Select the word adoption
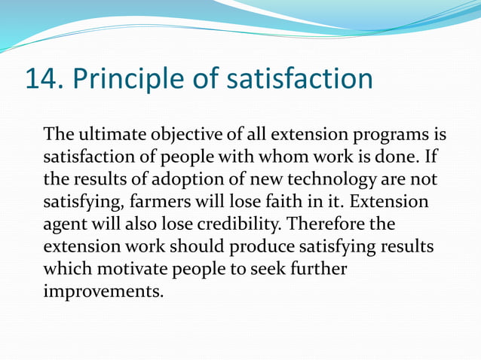(173, 181)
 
